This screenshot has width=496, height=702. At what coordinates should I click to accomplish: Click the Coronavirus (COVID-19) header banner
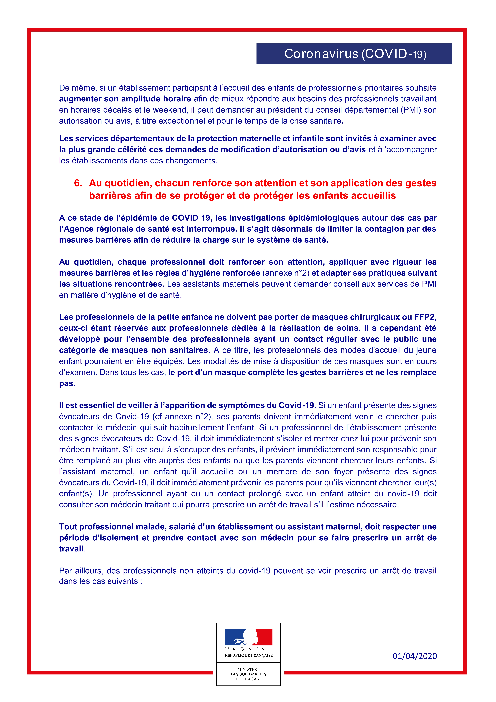coord(354,54)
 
